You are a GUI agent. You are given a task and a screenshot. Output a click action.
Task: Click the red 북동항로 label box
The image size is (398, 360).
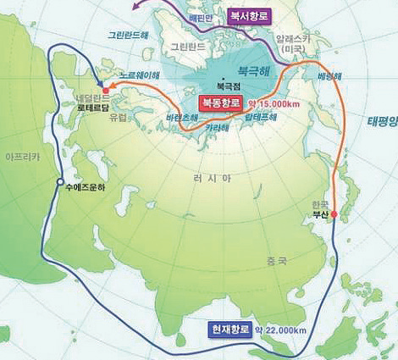tap(222, 102)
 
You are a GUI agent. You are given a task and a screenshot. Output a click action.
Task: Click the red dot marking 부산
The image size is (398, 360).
tap(334, 214)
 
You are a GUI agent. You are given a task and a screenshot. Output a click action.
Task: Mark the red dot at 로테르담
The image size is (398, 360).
tap(105, 88)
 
